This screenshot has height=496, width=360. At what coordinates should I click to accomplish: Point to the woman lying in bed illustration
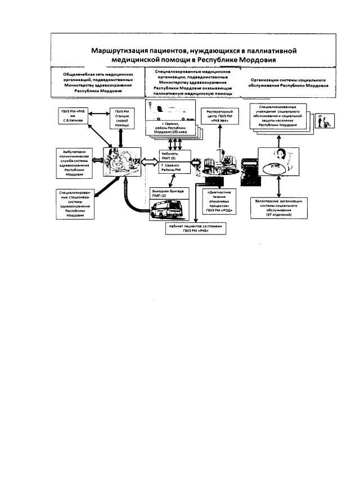280,160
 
